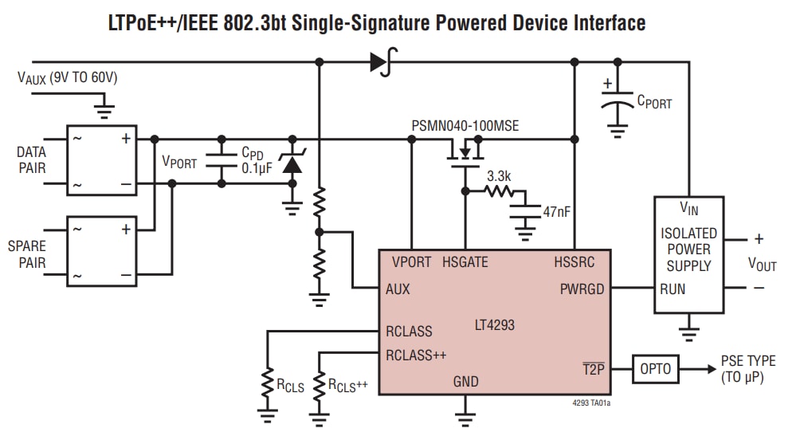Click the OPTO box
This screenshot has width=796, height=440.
point(656,369)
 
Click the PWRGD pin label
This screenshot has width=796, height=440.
point(582,289)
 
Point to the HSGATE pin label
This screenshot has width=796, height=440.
point(465,261)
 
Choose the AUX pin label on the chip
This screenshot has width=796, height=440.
point(398,289)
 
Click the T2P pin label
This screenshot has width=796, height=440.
point(594,368)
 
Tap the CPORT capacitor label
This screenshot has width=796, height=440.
point(653,103)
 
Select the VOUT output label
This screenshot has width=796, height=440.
point(762,265)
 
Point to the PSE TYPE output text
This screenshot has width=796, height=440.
point(747,361)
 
